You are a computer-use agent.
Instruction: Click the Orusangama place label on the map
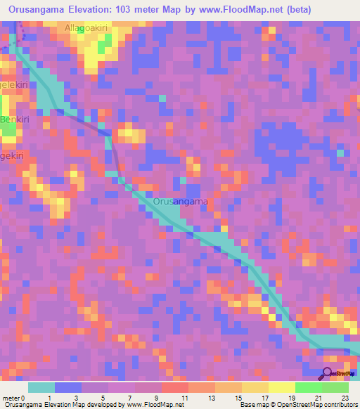[x=181, y=202]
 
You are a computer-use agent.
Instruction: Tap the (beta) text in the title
[x=296, y=10]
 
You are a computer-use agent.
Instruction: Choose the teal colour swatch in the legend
[x=41, y=387]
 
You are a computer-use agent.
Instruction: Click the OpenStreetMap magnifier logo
[x=328, y=372]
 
